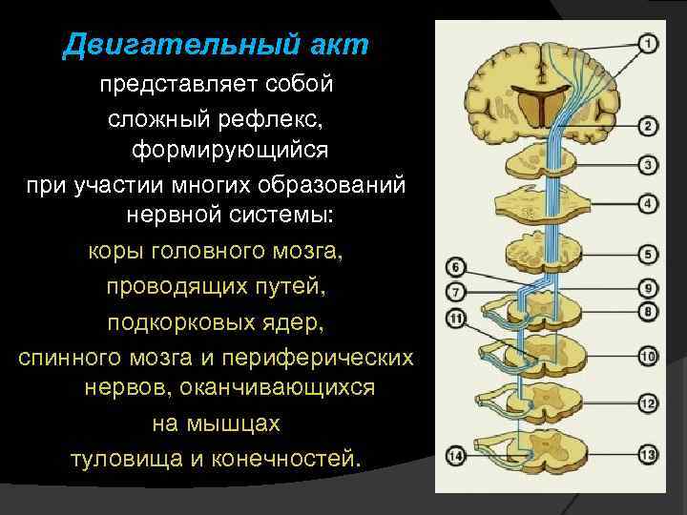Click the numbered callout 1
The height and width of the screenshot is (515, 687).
(x=648, y=43)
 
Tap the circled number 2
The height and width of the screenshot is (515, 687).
(x=648, y=126)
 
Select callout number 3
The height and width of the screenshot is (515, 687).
(x=648, y=165)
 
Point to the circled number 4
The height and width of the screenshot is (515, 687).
(x=648, y=203)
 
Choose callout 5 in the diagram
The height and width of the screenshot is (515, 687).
(x=648, y=255)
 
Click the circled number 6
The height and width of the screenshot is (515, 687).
(x=456, y=267)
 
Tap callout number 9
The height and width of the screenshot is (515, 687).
(x=648, y=287)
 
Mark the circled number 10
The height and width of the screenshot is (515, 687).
(x=648, y=357)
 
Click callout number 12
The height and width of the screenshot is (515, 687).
(x=648, y=403)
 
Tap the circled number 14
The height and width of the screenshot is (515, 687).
(x=456, y=456)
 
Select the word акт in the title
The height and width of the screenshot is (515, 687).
(x=340, y=45)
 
